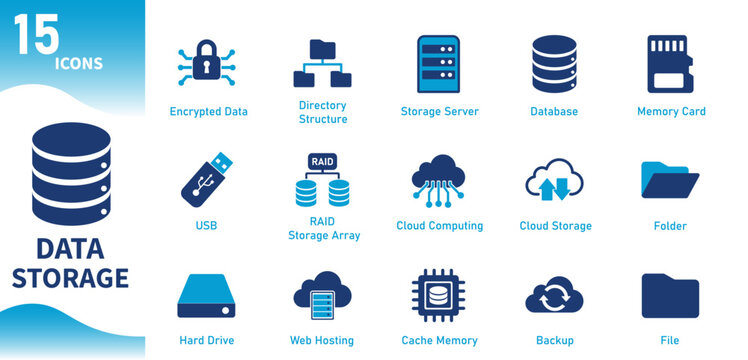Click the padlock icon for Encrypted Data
click(x=207, y=63)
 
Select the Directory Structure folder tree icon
click(x=322, y=64)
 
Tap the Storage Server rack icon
click(x=438, y=64)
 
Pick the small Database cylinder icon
click(x=553, y=64)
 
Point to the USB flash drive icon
click(x=206, y=179)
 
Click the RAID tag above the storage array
click(x=323, y=161)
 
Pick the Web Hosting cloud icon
click(x=322, y=295)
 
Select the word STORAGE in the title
click(x=71, y=277)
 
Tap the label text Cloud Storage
click(x=555, y=226)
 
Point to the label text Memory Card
click(x=671, y=111)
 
